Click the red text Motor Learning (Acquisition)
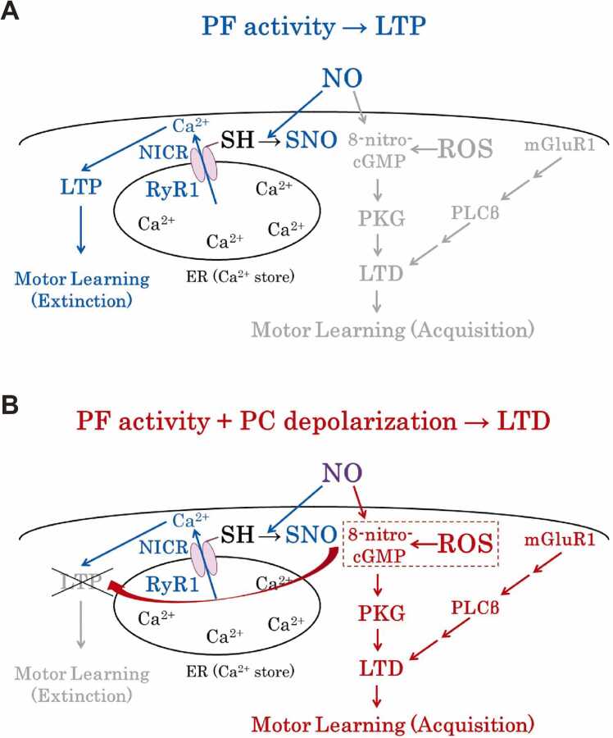[393, 724]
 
